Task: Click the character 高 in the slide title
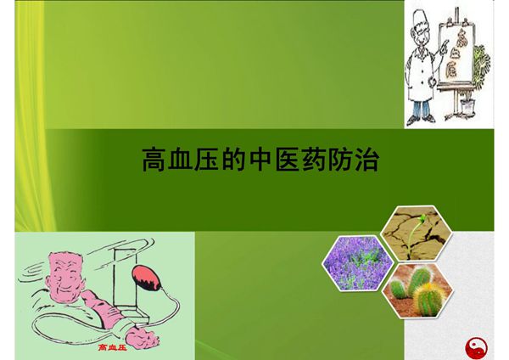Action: (154, 159)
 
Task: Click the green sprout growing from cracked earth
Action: (417, 222)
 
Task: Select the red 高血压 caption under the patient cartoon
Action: (113, 348)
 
